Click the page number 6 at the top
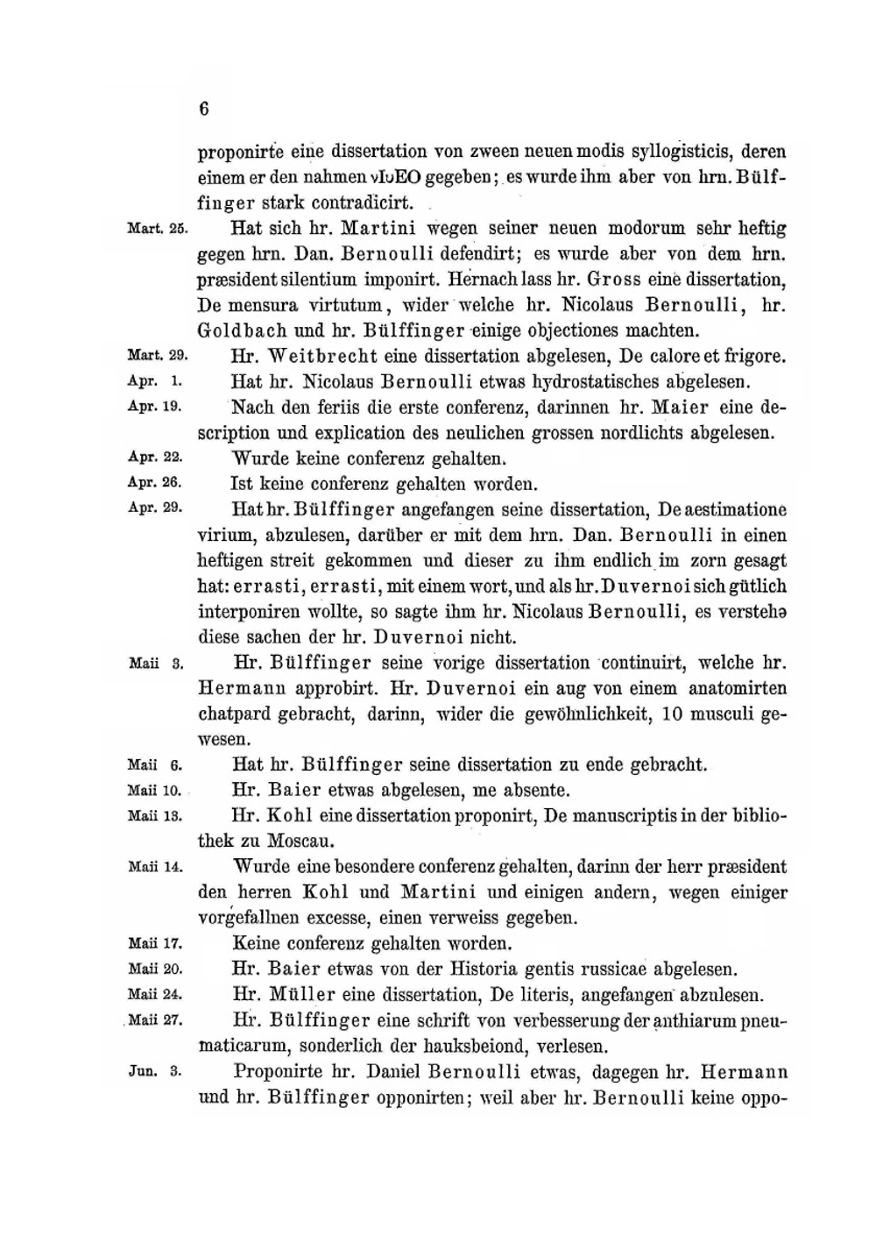203,109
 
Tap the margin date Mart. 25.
158,229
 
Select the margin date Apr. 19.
155,407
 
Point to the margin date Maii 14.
155,867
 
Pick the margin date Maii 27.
155,1020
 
